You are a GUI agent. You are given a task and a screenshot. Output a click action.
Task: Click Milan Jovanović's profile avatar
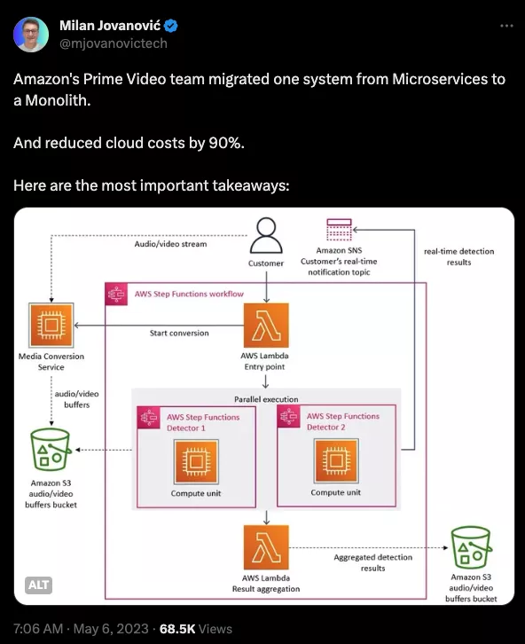(31, 35)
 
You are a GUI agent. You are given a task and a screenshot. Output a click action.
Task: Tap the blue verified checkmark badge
(171, 26)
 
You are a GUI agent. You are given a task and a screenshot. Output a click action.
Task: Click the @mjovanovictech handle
(114, 43)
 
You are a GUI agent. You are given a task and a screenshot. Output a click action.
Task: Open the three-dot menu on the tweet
(506, 26)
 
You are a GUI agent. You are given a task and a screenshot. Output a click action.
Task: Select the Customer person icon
(266, 235)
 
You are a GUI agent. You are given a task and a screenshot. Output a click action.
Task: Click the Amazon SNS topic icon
(339, 230)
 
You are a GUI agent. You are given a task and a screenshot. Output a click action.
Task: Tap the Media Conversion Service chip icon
(51, 326)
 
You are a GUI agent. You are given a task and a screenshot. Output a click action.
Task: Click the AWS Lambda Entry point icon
(266, 326)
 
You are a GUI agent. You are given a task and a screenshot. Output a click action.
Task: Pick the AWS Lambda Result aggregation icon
(266, 547)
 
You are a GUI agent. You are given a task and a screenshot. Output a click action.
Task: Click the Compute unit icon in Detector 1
(196, 461)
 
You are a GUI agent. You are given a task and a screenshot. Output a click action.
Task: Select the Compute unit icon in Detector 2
(336, 460)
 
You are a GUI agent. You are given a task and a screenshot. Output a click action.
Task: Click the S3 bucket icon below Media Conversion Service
(51, 450)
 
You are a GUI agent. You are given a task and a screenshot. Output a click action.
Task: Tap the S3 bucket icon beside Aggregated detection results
(471, 547)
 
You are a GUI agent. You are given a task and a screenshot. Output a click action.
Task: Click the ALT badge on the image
(39, 585)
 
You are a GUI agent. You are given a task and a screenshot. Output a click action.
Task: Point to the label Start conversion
(179, 334)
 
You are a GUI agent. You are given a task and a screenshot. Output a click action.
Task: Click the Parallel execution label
(266, 399)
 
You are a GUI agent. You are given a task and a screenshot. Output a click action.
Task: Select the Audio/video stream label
(171, 244)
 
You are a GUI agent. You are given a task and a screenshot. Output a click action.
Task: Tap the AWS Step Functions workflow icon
(116, 295)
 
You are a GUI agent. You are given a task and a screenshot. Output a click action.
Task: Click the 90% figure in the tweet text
(226, 143)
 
